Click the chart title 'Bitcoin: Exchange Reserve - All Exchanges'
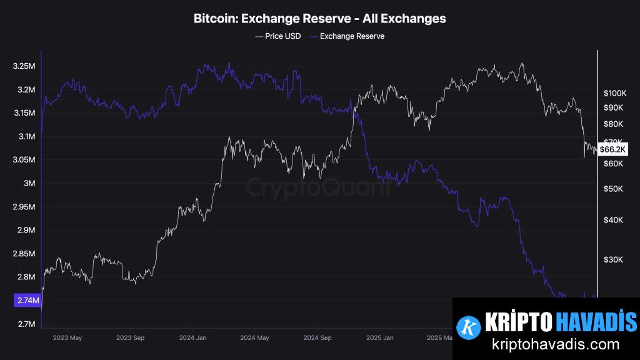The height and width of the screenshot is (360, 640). coord(320,18)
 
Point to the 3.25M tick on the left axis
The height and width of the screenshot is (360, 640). coord(23,66)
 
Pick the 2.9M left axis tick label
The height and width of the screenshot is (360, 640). coord(26,230)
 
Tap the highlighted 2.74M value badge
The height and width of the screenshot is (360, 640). coord(26,301)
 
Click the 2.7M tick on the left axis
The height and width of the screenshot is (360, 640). coord(26,324)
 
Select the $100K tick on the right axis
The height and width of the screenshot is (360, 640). coord(615,92)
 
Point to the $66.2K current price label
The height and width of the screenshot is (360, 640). coord(612,149)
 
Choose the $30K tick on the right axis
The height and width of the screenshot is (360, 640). coord(613,259)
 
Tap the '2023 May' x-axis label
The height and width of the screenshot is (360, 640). coord(67,337)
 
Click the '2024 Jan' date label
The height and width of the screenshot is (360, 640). coord(192,337)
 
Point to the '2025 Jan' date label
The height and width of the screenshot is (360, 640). coord(379,337)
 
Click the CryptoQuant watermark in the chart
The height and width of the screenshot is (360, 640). coord(319,186)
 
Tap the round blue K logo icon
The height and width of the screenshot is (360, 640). coord(467,324)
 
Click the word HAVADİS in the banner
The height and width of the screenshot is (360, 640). coord(596,322)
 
